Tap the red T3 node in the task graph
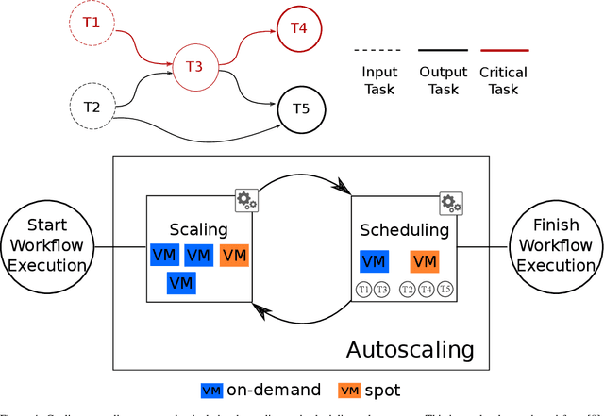tap(194, 66)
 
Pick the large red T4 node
tap(298, 27)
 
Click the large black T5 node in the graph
tap(299, 108)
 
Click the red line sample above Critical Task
tap(504, 50)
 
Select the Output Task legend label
tap(442, 80)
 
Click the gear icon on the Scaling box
tap(246, 199)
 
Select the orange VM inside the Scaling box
tap(235, 255)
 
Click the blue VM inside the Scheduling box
tap(374, 261)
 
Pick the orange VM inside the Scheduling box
tap(425, 261)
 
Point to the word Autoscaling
tap(410, 349)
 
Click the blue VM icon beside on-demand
tap(212, 390)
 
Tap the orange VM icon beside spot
tap(350, 390)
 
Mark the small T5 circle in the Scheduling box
tap(445, 290)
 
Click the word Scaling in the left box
tap(198, 229)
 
